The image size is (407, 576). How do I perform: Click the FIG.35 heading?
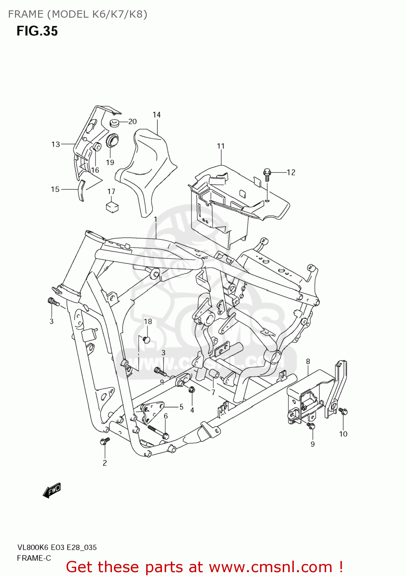(37, 31)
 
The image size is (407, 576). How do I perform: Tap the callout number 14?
(157, 114)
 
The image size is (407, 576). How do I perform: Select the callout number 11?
(221, 146)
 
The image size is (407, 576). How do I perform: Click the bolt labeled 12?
(267, 174)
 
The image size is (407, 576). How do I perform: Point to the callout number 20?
(132, 121)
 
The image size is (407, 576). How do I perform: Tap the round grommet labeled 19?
(112, 141)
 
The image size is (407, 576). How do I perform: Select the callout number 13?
(56, 144)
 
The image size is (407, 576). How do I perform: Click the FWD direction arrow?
(52, 491)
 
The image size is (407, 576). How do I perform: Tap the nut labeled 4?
(192, 390)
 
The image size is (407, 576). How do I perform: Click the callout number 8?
(308, 361)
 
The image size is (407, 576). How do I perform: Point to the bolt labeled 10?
(343, 412)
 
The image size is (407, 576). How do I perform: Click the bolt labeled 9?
(311, 425)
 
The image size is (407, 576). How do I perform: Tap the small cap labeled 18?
(146, 339)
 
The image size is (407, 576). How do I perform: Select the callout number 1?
(155, 219)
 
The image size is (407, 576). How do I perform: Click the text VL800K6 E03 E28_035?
(57, 548)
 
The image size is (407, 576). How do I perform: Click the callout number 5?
(181, 407)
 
